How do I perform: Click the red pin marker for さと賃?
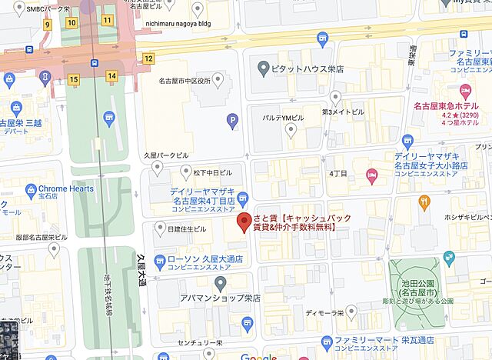[x=244, y=223]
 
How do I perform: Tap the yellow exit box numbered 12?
[x=148, y=58]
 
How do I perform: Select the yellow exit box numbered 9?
[x=47, y=25]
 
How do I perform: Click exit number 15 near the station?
[x=74, y=78]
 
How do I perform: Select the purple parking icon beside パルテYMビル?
[x=232, y=119]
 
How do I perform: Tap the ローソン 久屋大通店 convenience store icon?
[x=159, y=258]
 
